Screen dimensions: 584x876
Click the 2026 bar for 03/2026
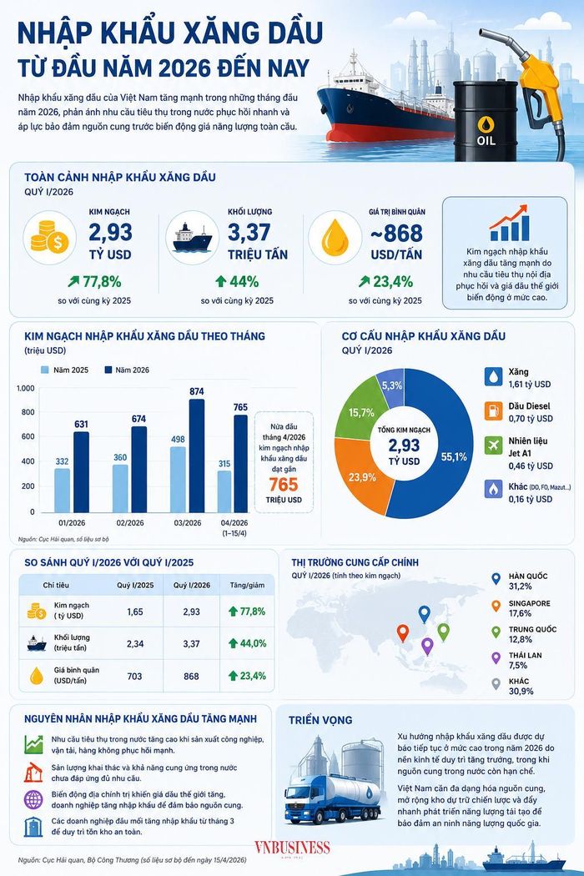pos(196,456)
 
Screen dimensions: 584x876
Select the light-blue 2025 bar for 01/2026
pos(62,490)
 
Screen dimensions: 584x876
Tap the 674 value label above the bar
pos(138,419)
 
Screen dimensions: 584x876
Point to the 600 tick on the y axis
pos(28,436)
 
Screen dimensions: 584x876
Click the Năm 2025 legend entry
pos(65,370)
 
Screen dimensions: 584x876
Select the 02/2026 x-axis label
pos(129,523)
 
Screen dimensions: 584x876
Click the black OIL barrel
pos(485,121)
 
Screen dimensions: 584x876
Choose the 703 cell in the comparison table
pos(134,676)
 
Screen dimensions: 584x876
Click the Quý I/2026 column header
pos(192,585)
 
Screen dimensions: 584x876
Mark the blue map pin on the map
pos(425,614)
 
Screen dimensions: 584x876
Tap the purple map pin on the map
pos(427,647)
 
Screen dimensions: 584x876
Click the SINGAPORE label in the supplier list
pos(529,603)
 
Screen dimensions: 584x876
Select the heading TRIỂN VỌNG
pos(320,720)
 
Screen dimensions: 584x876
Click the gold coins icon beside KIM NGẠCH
pos(49,237)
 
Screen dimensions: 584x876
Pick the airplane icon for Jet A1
pos(493,446)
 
